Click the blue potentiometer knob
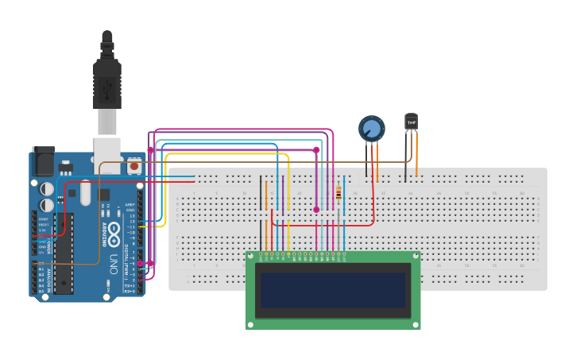click(x=371, y=128)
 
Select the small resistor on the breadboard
click(x=339, y=193)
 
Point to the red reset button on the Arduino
click(x=133, y=167)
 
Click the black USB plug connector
click(x=106, y=79)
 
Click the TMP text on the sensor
click(x=411, y=122)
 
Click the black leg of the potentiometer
click(x=366, y=159)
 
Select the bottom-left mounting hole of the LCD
click(x=251, y=323)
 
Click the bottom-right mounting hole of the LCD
click(x=415, y=323)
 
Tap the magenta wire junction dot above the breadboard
click(x=316, y=149)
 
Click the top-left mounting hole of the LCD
click(x=251, y=257)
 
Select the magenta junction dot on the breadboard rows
click(x=316, y=210)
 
